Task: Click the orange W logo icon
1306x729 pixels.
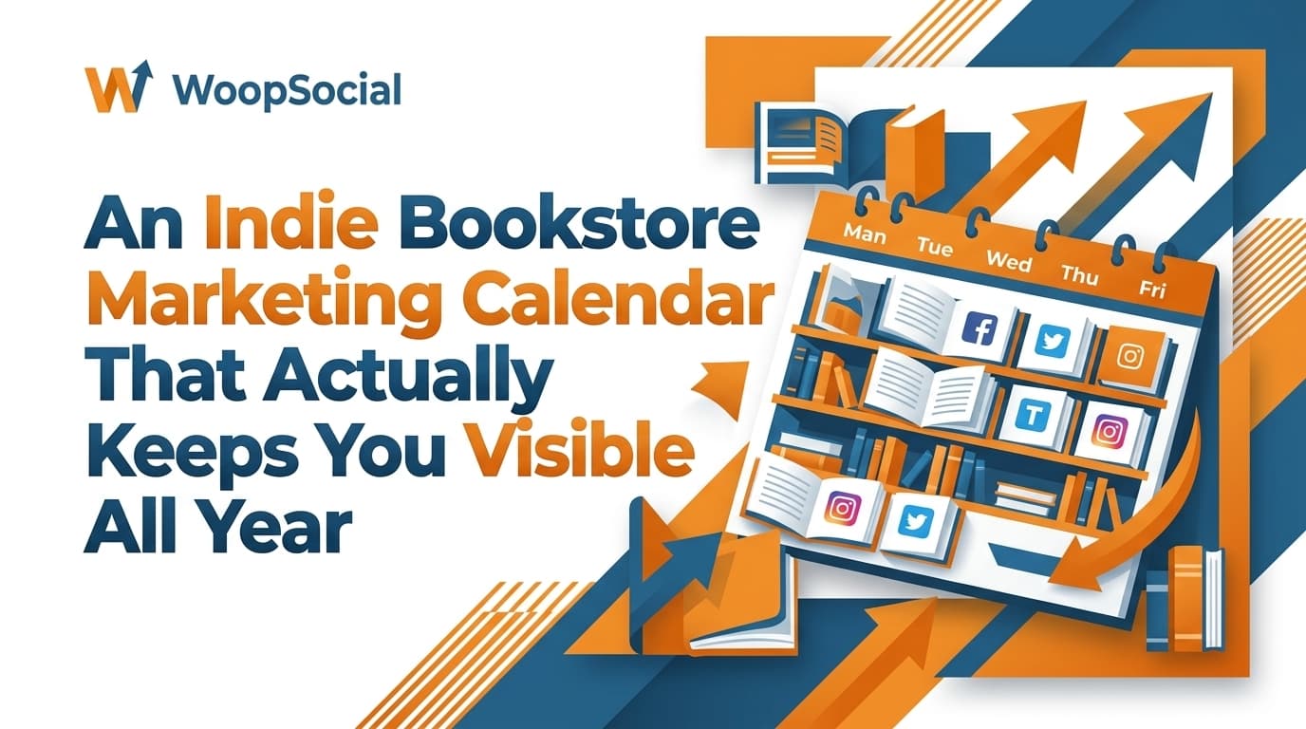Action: coord(119,89)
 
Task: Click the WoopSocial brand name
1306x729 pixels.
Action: coord(288,91)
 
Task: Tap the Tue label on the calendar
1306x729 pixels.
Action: coord(936,246)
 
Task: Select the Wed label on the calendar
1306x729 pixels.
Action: coord(1008,259)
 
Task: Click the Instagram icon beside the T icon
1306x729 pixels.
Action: coord(1108,430)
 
